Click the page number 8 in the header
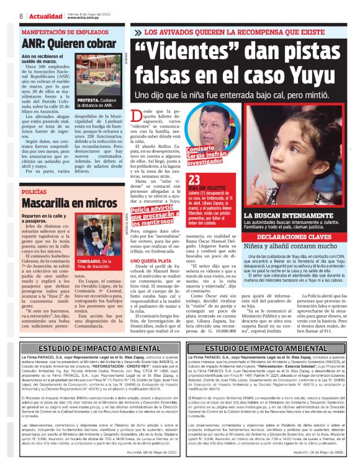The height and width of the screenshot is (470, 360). click(21, 16)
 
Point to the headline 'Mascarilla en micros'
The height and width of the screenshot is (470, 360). click(69, 203)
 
